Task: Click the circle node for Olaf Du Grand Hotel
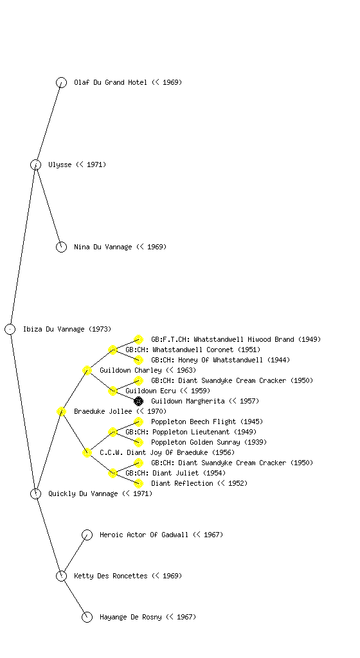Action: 61,82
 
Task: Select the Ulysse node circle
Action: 35,164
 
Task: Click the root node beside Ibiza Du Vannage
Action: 10,329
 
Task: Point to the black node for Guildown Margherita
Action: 138,401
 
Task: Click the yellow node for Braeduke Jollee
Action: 61,411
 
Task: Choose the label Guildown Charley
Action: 130,370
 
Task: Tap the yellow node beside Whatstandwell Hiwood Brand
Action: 138,339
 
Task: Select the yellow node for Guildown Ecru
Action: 113,391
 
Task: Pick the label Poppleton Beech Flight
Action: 194,422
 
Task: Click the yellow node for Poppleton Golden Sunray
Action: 138,442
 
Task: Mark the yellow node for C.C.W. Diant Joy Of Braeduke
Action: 87,452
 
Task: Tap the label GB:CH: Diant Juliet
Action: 162,473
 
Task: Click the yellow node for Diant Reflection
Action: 138,483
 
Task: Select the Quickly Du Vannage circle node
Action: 35,493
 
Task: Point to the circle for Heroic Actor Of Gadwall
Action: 87,535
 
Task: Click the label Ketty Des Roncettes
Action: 111,576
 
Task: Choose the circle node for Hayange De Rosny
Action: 87,617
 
